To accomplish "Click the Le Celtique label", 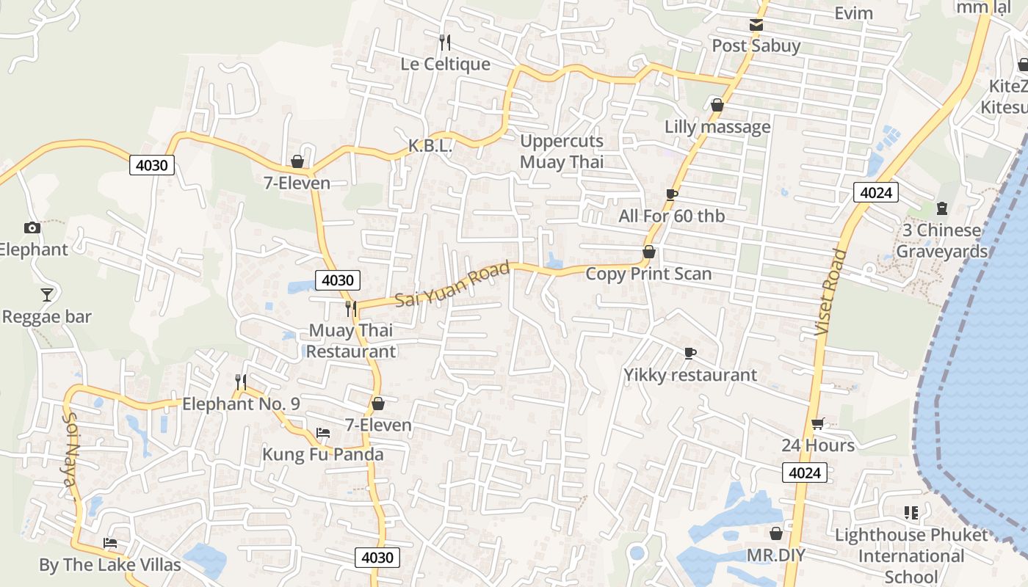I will (445, 65).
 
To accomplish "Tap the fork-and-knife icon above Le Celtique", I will (444, 41).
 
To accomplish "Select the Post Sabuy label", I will (756, 46).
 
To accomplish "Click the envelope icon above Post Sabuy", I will (756, 26).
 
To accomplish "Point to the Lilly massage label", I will (717, 127).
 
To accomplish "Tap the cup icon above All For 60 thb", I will (671, 194).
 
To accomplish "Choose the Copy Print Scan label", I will (648, 274).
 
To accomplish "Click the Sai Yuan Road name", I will (452, 285).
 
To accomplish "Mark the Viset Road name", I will (830, 293).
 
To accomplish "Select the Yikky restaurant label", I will (690, 375).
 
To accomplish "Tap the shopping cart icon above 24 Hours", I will (818, 423).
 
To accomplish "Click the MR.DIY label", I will (776, 555).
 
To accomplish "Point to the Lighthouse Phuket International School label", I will (911, 555).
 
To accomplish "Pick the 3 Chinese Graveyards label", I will (942, 241).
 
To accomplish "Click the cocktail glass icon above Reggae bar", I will (47, 295).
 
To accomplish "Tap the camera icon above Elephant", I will (32, 227).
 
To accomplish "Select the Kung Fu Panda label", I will (323, 455).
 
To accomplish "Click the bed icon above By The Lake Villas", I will (110, 543).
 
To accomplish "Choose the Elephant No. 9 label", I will (241, 404).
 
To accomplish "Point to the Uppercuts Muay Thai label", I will (562, 152).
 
